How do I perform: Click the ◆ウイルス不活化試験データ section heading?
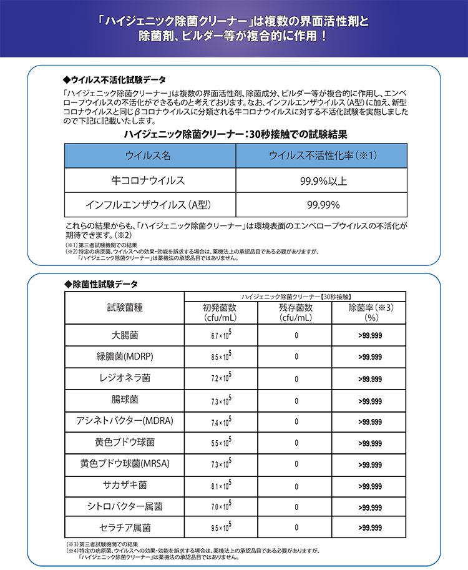point(115,81)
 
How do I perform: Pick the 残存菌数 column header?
point(296,312)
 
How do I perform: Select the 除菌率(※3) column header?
point(373,312)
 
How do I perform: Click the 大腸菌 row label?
point(125,335)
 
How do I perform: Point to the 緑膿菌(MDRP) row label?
point(125,357)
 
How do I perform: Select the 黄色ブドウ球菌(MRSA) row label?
point(125,464)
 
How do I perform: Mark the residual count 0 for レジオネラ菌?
point(296,379)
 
